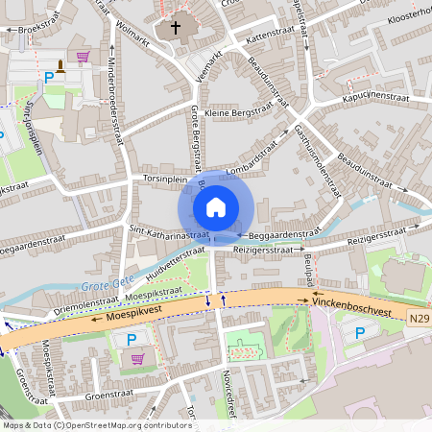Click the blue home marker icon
pyautogui.click(x=215, y=206)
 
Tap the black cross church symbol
pyautogui.click(x=175, y=27)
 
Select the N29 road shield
pyautogui.click(x=418, y=317)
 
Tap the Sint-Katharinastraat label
pyautogui.click(x=169, y=231)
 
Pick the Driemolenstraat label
pyautogui.click(x=83, y=301)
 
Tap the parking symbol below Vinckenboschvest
pyautogui.click(x=360, y=333)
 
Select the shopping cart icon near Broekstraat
pyautogui.click(x=83, y=57)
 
